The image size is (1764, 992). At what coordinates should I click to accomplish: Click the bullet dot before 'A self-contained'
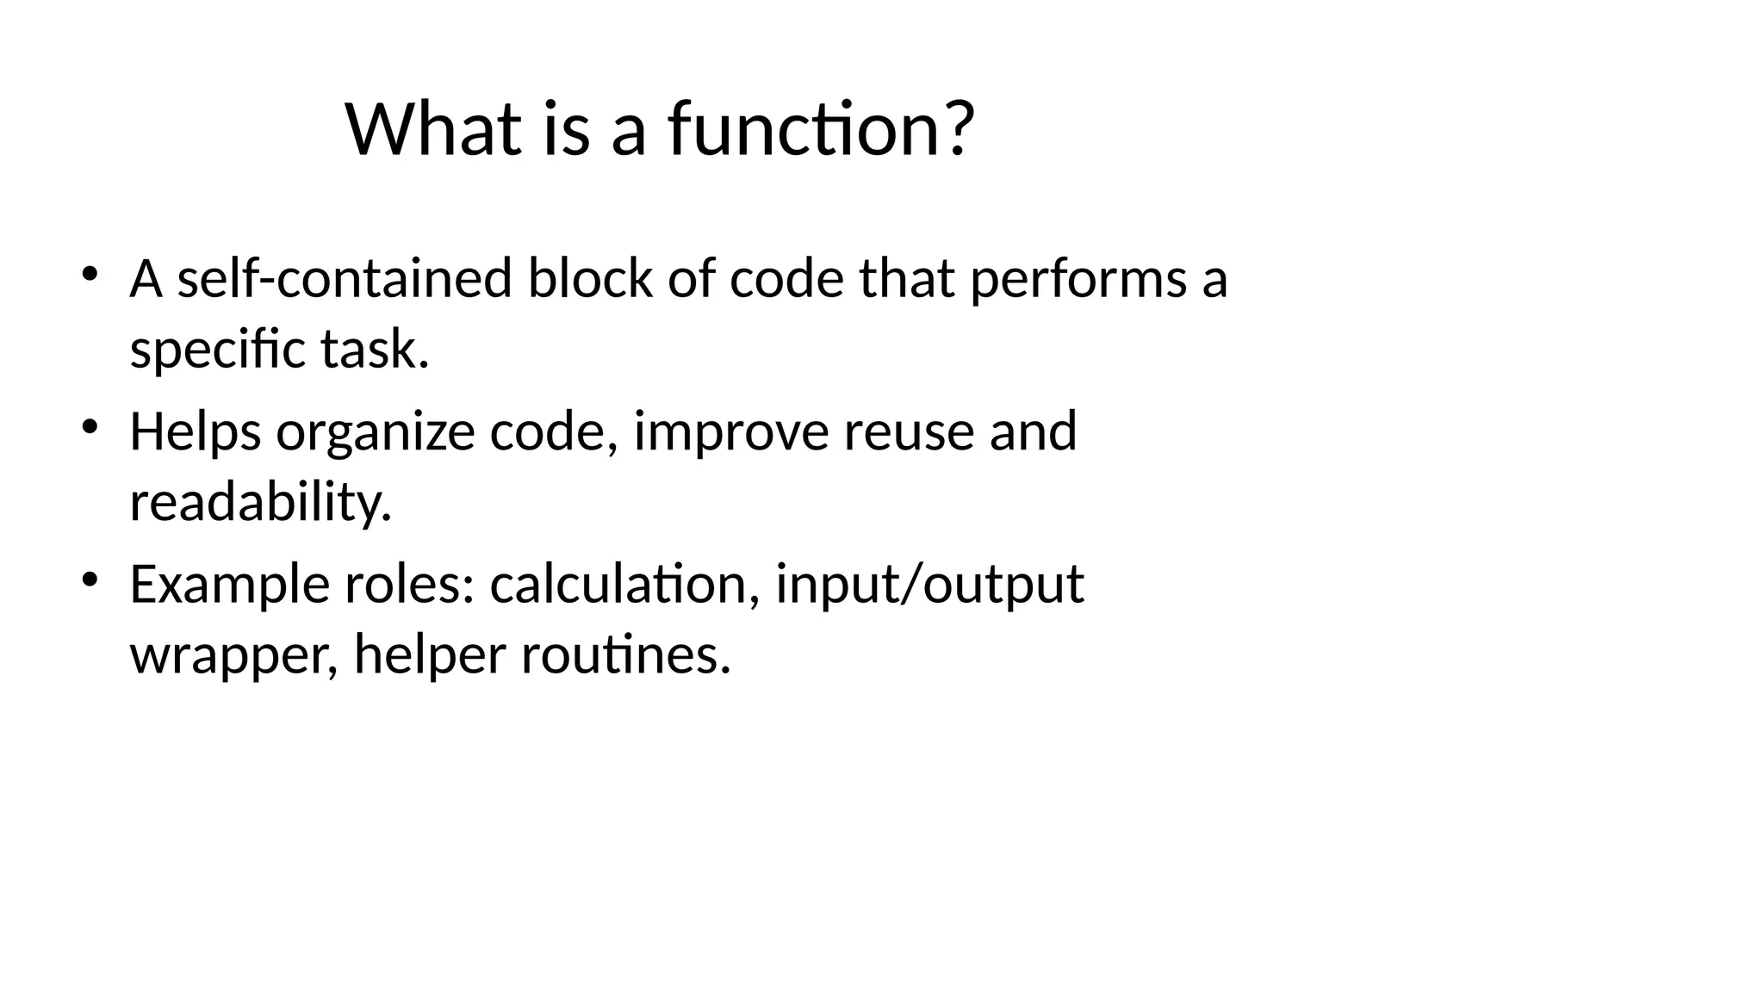[x=89, y=274]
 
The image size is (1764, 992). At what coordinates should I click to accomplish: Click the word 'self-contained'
[x=345, y=279]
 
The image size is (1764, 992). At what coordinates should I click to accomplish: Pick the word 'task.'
[x=375, y=350]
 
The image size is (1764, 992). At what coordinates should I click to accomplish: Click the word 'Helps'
[x=196, y=432]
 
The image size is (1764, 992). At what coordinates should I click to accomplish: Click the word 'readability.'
[x=261, y=503]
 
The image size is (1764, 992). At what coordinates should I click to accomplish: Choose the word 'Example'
[x=229, y=586]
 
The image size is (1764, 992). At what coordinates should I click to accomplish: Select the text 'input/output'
[x=929, y=586]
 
